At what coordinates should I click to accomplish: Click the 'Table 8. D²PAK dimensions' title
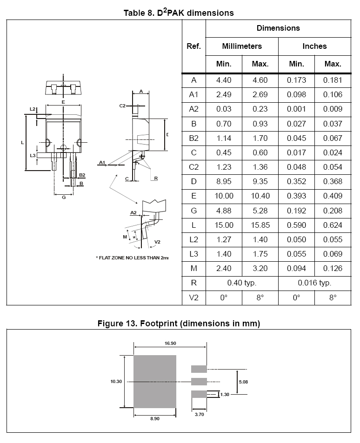[x=179, y=13]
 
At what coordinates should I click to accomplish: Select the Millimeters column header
[x=241, y=46]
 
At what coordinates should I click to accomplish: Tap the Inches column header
[x=314, y=46]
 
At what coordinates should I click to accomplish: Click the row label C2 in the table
[x=193, y=167]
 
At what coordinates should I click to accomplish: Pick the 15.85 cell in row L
[x=260, y=225]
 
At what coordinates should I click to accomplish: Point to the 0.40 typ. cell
[x=241, y=283]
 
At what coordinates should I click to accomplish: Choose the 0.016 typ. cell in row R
[x=314, y=283]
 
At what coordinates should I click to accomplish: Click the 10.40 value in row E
[x=260, y=196]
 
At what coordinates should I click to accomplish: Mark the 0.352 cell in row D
[x=296, y=181]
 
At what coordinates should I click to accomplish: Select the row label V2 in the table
[x=193, y=298]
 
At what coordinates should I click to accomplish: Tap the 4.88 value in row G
[x=224, y=211]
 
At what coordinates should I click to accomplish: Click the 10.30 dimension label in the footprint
[x=116, y=381]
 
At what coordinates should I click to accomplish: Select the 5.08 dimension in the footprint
[x=243, y=381]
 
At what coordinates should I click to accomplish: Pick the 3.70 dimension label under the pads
[x=199, y=415]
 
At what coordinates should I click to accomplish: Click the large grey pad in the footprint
[x=155, y=381]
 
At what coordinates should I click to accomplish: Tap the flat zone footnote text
[x=132, y=258]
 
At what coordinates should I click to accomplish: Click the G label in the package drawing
[x=64, y=198]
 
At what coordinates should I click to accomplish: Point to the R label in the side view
[x=156, y=178]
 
